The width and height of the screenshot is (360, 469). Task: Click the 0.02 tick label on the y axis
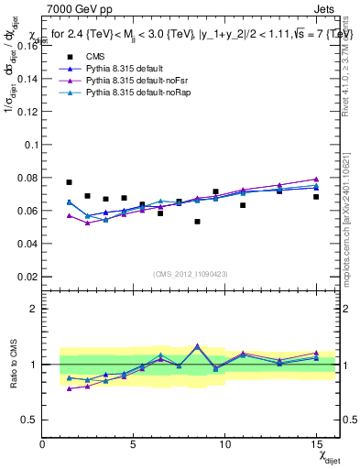27,276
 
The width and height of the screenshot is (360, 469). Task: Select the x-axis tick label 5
134,444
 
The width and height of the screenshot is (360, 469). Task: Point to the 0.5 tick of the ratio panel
30,419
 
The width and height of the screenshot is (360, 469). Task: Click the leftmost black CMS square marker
69,182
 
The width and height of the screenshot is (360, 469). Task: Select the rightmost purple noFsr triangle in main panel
316,180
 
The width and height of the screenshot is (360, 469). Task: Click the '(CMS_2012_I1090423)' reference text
187,273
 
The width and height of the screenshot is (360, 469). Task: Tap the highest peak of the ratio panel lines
197,346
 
